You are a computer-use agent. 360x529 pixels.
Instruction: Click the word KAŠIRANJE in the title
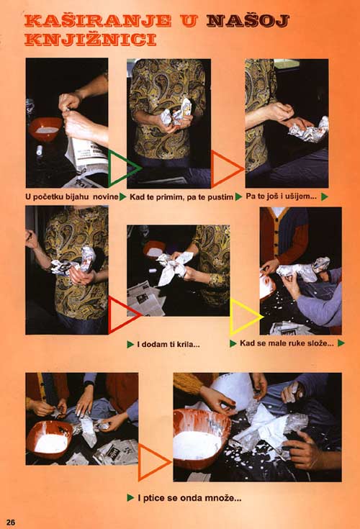point(98,21)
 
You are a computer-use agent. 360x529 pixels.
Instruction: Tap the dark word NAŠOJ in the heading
point(248,21)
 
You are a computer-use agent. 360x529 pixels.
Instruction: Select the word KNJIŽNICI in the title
point(91,39)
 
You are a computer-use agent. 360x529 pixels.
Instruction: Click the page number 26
point(11,522)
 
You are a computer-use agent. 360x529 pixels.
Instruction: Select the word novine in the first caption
point(105,196)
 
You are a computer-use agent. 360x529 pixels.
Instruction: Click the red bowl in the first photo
point(45,129)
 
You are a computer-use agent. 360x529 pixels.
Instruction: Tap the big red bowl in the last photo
point(201,438)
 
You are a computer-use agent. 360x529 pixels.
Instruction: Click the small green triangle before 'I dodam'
point(130,345)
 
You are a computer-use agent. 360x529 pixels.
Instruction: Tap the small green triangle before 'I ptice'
point(130,497)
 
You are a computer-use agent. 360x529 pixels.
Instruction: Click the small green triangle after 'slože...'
point(341,343)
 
